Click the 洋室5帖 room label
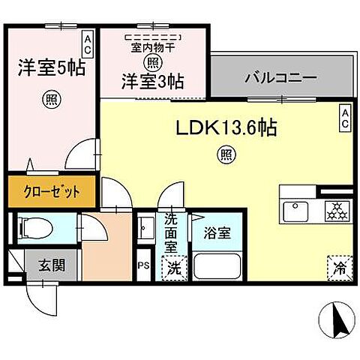point(51,67)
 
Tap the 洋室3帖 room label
point(154,79)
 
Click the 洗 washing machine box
point(172,266)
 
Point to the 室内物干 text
point(154,47)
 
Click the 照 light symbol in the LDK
point(224,155)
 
